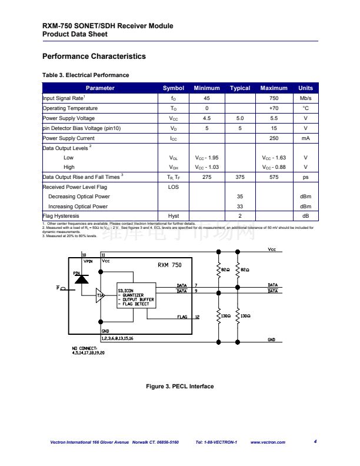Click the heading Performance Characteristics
94,56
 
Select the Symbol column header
174,88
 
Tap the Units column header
305,88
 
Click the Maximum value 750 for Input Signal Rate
274,98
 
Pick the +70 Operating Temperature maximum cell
274,108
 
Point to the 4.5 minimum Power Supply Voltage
206,118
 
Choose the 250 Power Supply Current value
274,138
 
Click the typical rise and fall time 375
240,177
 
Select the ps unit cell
305,177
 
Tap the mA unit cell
305,138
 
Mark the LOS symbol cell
174,187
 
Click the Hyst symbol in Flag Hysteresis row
174,217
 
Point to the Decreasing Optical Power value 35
240,197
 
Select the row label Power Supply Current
68,138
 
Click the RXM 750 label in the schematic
169,265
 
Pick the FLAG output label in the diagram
182,317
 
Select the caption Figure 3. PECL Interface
179,387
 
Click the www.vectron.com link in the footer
268,442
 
